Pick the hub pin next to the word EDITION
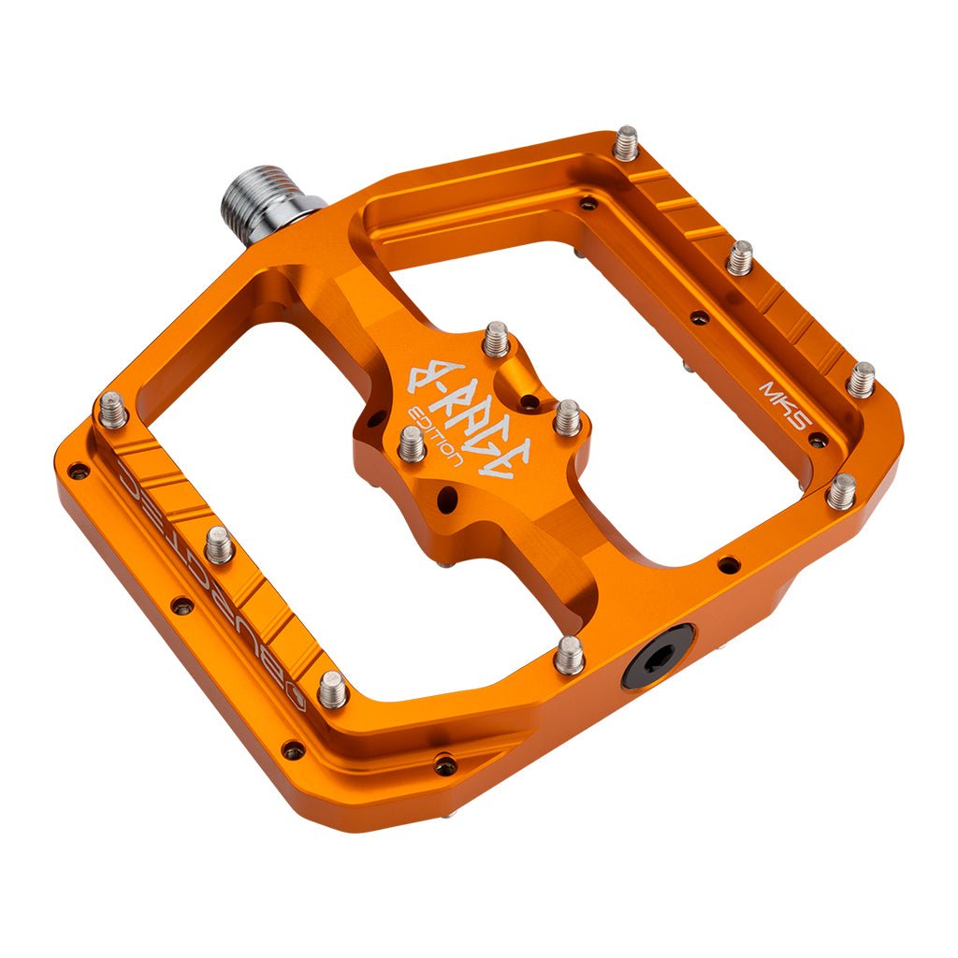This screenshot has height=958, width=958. click(x=412, y=442)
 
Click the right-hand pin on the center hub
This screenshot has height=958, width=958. click(x=567, y=417)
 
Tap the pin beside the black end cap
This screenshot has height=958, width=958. click(x=569, y=655)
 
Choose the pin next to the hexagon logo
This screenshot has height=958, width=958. click(x=332, y=689)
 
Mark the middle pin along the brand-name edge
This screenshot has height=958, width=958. click(x=219, y=544)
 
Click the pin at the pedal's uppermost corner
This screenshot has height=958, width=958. click(x=626, y=143)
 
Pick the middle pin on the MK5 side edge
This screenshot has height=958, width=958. click(x=740, y=257)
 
